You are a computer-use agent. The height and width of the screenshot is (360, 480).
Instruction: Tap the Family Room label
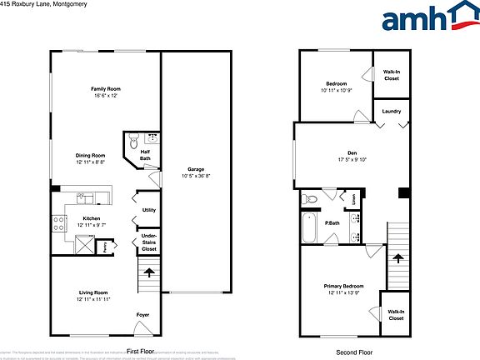[106, 92]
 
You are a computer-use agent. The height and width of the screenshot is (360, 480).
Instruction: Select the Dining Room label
[91, 157]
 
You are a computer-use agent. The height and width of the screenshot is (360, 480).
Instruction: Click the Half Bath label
[145, 155]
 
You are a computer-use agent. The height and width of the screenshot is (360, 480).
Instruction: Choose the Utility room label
[149, 210]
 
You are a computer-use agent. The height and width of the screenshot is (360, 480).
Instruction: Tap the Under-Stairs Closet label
[149, 244]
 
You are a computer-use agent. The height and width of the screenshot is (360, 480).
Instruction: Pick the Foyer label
[143, 315]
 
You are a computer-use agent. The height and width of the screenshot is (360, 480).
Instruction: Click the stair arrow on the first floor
[149, 270]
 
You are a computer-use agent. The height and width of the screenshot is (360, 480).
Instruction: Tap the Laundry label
[392, 112]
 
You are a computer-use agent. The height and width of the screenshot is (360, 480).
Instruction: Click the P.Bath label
[331, 223]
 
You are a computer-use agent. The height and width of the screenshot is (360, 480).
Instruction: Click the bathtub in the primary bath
[309, 227]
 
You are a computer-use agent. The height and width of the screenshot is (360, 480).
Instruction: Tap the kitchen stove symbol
[59, 222]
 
